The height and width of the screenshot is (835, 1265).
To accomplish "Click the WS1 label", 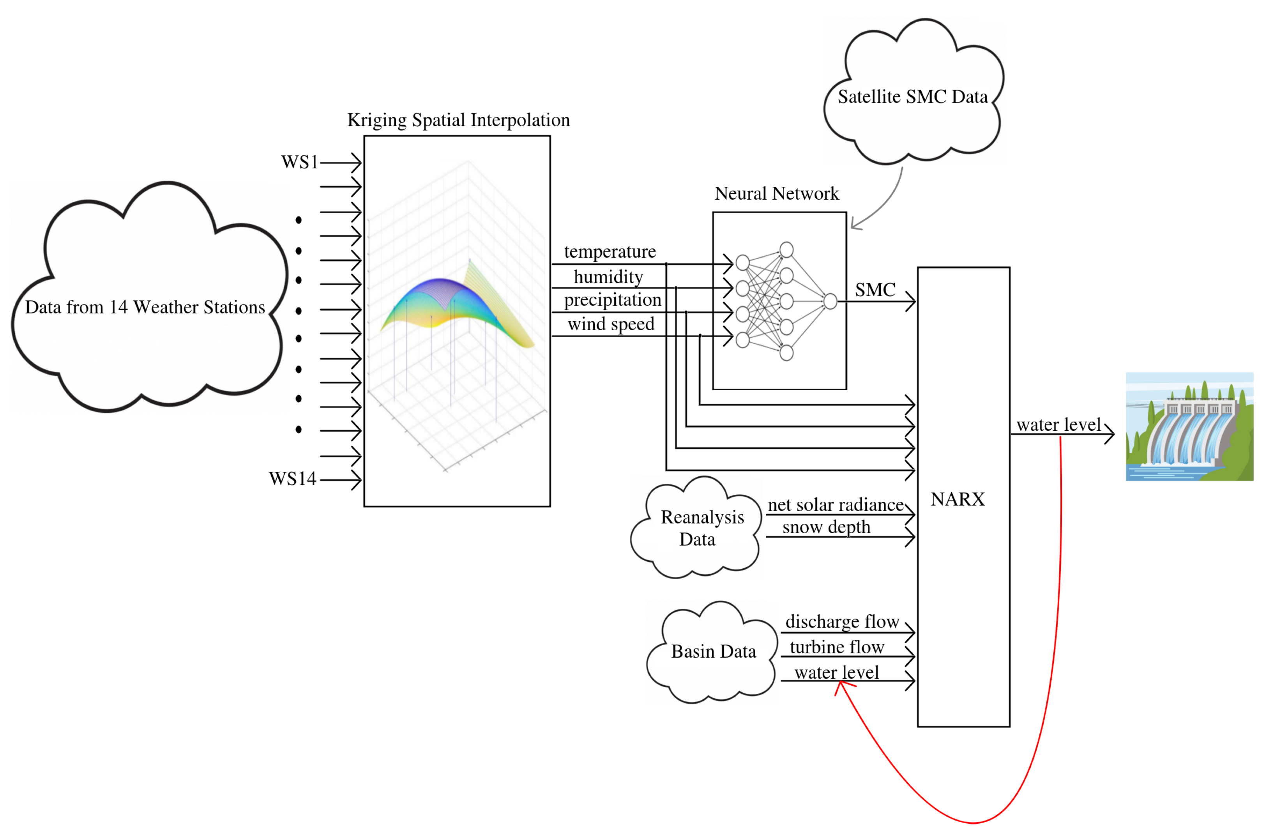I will pos(300,162).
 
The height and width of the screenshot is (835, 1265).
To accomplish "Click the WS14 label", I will pos(293,479).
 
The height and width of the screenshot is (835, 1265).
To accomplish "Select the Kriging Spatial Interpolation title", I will pos(458,120).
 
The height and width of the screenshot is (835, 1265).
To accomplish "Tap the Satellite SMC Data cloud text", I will pos(913,97).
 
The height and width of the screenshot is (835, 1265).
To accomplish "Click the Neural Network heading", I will pos(776,193).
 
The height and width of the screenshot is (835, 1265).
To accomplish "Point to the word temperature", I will pos(610,251).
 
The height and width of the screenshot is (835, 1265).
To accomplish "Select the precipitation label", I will pos(612,300).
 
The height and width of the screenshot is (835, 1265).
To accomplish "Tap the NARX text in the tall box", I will pos(957,499).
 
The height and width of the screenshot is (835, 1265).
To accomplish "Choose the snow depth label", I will pos(826,527).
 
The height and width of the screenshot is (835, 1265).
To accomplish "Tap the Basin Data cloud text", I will pos(714,652).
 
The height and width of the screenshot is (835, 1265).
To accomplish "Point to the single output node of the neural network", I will pos(830,301).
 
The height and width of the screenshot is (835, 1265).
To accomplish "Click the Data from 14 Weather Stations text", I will pos(145,307).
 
